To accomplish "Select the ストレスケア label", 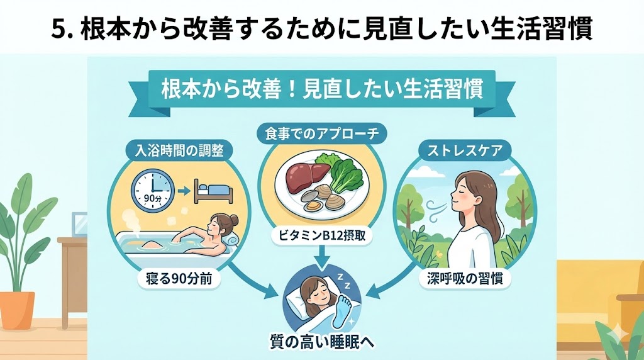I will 465,151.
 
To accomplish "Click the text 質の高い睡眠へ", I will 321,343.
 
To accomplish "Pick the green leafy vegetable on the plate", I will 345,172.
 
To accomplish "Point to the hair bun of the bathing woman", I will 235,220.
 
